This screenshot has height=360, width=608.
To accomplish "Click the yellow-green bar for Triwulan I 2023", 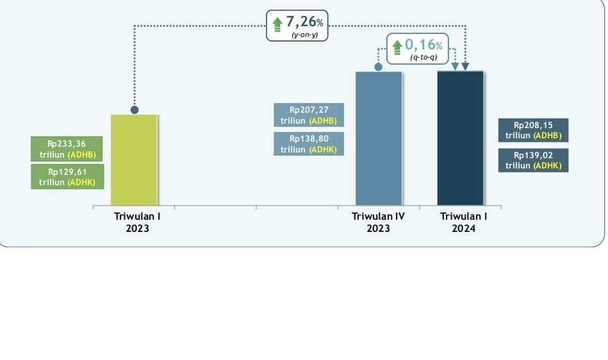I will [134, 160].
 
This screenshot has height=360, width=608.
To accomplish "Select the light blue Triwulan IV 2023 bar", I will [379, 138].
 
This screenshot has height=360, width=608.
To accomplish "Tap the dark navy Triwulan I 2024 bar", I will [460, 138].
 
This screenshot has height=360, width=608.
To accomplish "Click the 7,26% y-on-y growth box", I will [297, 26].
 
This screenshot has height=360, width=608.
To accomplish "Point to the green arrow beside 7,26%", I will [277, 23].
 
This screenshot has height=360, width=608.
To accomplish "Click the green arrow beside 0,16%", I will [397, 46].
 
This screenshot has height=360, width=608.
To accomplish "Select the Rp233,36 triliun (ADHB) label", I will [67, 149].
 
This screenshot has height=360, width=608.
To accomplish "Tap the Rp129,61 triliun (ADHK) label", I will [67, 176].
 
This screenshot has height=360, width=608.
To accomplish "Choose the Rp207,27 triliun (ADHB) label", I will [309, 115].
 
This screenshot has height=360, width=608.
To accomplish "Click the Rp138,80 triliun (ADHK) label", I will [309, 143].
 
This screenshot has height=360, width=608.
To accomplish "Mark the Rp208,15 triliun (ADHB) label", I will [533, 130].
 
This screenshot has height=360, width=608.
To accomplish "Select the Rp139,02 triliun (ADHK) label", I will [533, 160].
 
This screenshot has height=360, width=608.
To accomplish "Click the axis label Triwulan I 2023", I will [137, 222].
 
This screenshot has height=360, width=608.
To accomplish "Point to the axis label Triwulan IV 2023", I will [378, 222].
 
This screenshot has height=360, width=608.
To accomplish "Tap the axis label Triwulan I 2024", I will [463, 222].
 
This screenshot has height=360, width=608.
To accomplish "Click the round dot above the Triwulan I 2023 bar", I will [135, 110].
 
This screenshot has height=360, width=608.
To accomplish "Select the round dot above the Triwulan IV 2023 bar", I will [378, 67].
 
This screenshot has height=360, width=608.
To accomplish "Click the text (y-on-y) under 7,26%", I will [304, 35].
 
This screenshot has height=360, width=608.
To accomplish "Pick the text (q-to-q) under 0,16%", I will [423, 58].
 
